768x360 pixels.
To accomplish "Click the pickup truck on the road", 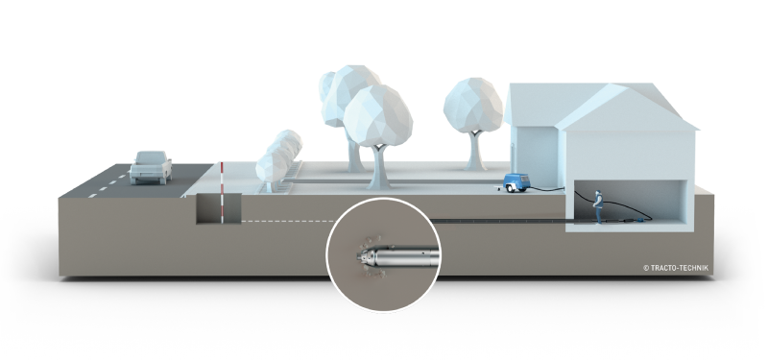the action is [x=151, y=167].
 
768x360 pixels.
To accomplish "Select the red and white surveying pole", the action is [x=222, y=193].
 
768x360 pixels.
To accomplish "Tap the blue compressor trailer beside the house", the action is [x=517, y=182].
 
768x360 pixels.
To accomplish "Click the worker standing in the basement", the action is [x=597, y=206].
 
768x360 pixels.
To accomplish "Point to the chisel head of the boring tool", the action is [x=363, y=255].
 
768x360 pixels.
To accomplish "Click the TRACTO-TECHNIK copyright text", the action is [x=676, y=268].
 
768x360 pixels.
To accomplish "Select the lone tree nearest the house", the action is [x=473, y=123].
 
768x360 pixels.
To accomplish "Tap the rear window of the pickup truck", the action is [x=151, y=157].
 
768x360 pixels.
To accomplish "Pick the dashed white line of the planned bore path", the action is [x=288, y=222].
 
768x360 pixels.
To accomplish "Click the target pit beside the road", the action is [x=219, y=208].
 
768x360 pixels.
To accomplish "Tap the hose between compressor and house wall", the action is [x=547, y=188].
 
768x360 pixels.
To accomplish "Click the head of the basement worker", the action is [x=597, y=193].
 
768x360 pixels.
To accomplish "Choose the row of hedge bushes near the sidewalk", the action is [x=279, y=159].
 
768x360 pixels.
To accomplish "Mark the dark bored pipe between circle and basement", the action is [x=499, y=222].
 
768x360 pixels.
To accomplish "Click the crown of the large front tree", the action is [x=377, y=115].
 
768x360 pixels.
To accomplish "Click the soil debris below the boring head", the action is [x=374, y=274].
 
